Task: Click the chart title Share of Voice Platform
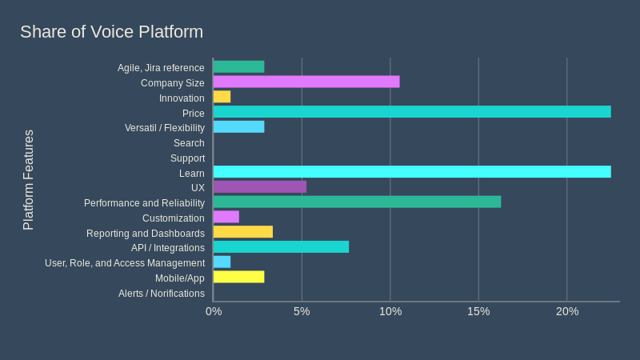pos(111,32)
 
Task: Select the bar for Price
pos(411,112)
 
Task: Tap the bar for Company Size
pos(306,82)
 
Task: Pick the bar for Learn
pos(411,172)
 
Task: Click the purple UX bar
pos(259,186)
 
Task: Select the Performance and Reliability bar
pos(357,202)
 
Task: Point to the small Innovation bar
pos(222,97)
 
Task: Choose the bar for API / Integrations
pos(281,246)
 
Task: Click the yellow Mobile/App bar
pos(238,277)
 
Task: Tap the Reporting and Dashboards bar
pos(242,232)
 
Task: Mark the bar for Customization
pos(226,217)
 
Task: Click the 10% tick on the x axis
pos(390,311)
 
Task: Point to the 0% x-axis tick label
pos(214,311)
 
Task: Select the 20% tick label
pos(567,311)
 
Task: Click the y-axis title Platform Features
pos(29,180)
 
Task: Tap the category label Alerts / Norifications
pos(161,294)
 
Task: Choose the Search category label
pos(189,143)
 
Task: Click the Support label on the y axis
pos(187,158)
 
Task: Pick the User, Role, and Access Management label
pos(125,263)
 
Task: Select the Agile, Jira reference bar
pos(238,67)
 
